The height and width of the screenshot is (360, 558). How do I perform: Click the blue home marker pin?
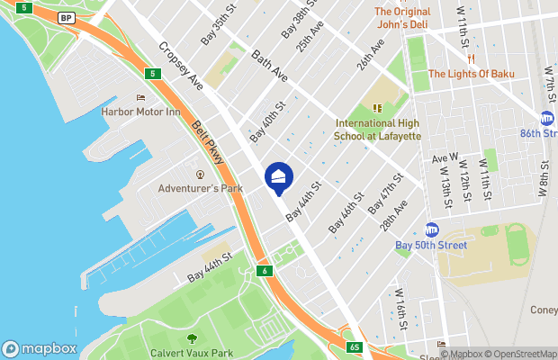(x=278, y=176)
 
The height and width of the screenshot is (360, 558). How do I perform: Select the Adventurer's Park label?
(x=200, y=188)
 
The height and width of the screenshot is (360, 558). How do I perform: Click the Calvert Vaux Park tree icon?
(x=191, y=338)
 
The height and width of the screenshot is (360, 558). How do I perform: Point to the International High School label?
(x=378, y=129)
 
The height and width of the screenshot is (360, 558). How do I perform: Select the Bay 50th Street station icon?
(x=431, y=229)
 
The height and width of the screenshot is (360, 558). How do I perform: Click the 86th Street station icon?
(x=547, y=119)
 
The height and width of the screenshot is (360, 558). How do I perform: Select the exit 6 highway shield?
(x=264, y=270)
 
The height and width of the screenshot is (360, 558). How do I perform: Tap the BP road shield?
(x=66, y=17)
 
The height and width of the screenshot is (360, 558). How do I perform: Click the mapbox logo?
(x=39, y=348)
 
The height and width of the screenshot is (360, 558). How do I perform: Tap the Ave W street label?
(x=445, y=158)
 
